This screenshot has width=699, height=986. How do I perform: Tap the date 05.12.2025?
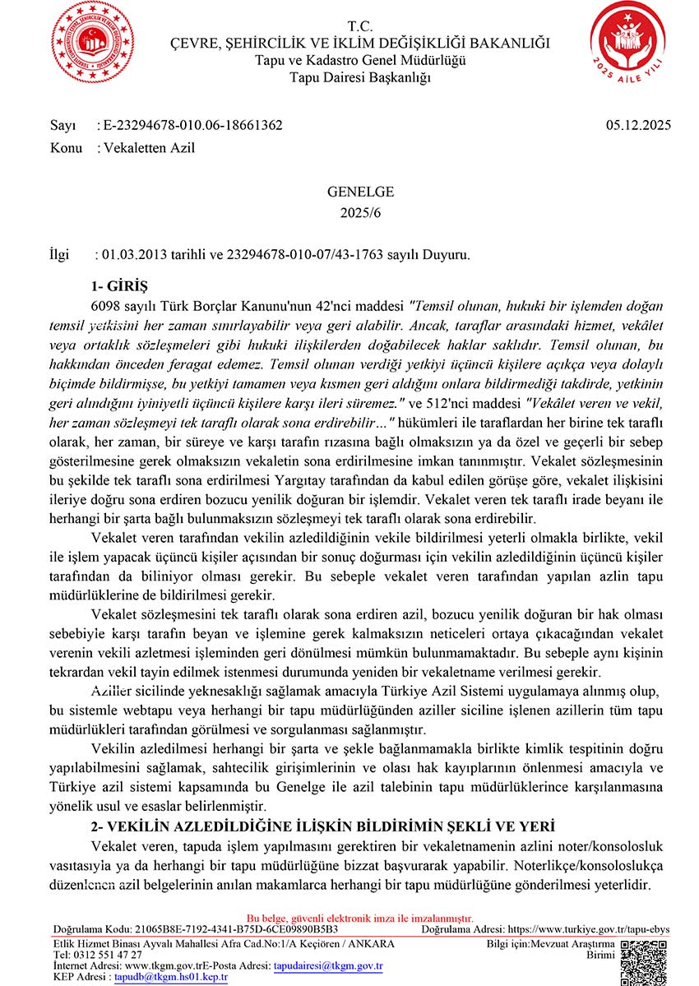click(638, 126)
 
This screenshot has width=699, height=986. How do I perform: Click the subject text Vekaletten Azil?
click(148, 148)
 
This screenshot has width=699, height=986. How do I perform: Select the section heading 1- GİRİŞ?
click(118, 286)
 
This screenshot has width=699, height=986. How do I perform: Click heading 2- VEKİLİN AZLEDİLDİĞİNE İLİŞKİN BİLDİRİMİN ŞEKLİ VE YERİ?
click(322, 825)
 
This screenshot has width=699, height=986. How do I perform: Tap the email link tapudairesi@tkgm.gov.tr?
click(328, 966)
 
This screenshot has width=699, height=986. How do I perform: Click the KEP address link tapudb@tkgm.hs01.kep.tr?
click(170, 978)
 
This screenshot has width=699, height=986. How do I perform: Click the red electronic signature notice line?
click(360, 918)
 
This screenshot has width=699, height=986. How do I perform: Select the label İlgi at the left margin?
click(62, 255)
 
